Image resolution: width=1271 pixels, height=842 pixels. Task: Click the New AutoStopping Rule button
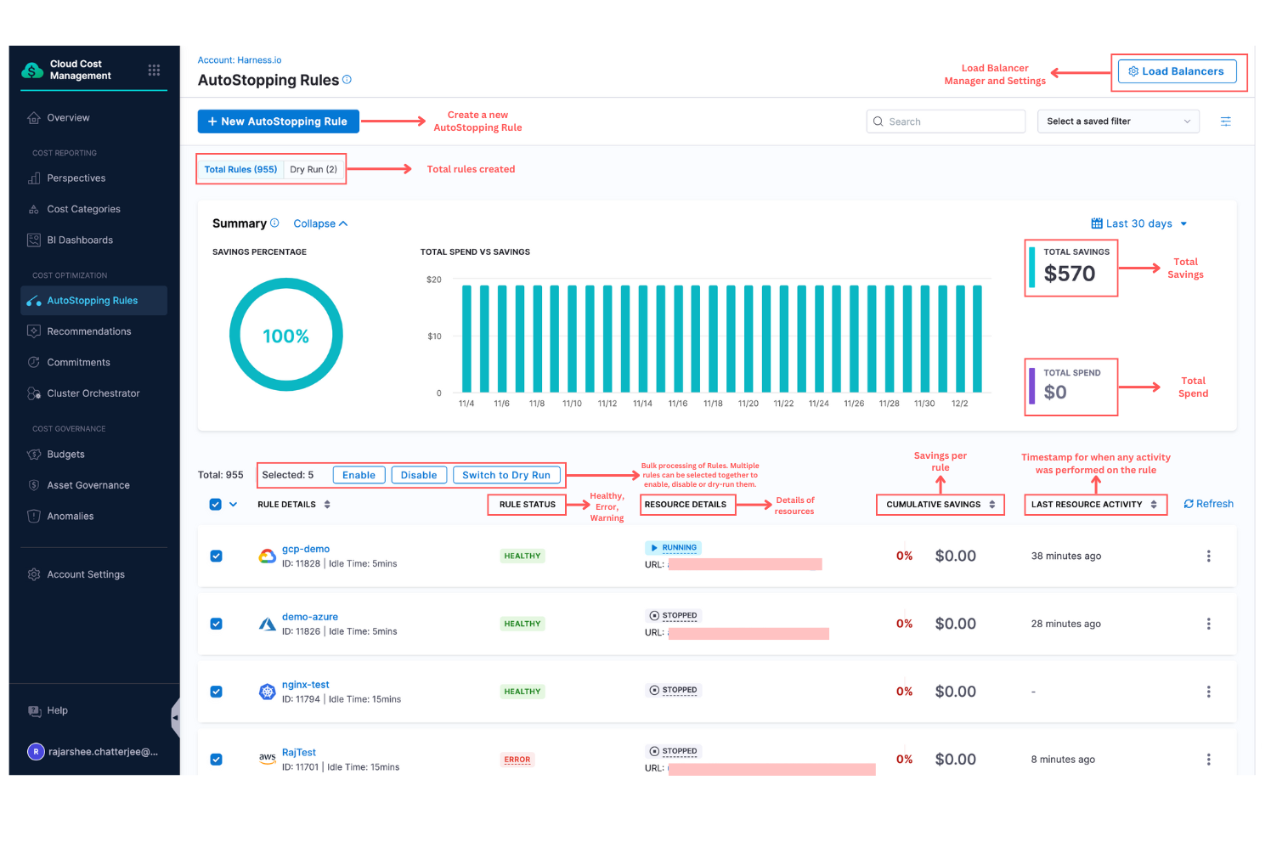coord(278,121)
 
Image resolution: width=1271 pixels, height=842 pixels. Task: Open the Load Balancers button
coord(1176,71)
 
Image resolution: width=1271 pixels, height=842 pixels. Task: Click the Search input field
coord(946,121)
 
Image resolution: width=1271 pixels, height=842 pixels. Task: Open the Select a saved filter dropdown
coord(1117,121)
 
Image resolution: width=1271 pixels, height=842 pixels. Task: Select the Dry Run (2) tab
coord(314,169)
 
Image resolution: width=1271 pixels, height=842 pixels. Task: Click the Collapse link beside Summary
coord(319,223)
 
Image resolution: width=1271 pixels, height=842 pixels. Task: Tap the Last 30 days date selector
coord(1138,223)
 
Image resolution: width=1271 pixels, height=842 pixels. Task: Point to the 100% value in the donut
coord(285,336)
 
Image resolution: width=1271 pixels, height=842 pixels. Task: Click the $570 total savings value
coord(1069,274)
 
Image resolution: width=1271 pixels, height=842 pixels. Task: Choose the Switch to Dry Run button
coord(506,475)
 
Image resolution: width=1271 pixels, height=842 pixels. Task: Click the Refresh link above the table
coord(1208,504)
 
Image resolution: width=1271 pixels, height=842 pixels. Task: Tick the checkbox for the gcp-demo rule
coord(216,556)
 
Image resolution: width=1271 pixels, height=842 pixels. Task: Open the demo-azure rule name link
coord(309,617)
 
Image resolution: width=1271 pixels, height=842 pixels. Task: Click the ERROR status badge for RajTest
coord(517,760)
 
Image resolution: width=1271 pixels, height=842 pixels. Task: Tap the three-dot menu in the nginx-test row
coord(1208,692)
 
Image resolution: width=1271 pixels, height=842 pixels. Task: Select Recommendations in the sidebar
coord(88,331)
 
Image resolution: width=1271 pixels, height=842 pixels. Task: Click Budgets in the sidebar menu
coord(65,455)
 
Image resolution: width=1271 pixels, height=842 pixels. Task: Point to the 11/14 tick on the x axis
coord(642,404)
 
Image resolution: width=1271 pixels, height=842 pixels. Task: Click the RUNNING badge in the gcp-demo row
coord(674,548)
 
